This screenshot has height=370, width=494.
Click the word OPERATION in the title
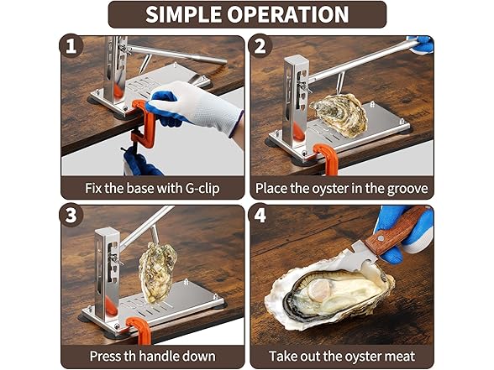(291, 14)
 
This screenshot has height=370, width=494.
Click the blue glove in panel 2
(423, 44)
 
